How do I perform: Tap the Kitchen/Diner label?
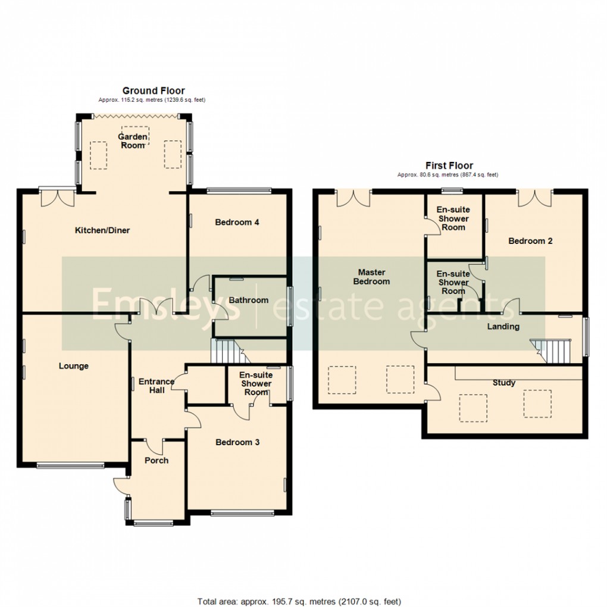[x=102, y=230]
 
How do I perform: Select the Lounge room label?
[x=73, y=366]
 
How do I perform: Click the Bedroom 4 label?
[x=237, y=223]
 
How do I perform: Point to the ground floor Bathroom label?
[x=249, y=301]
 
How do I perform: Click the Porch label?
[x=157, y=461]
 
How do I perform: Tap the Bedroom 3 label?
[x=237, y=442]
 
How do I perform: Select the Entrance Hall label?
[x=157, y=386]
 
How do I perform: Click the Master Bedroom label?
[x=371, y=277]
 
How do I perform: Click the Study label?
[x=504, y=383]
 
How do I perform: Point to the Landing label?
[x=503, y=327]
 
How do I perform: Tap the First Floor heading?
[x=449, y=165]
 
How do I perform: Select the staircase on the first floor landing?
[x=553, y=351]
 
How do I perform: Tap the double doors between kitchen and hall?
[x=154, y=308]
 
